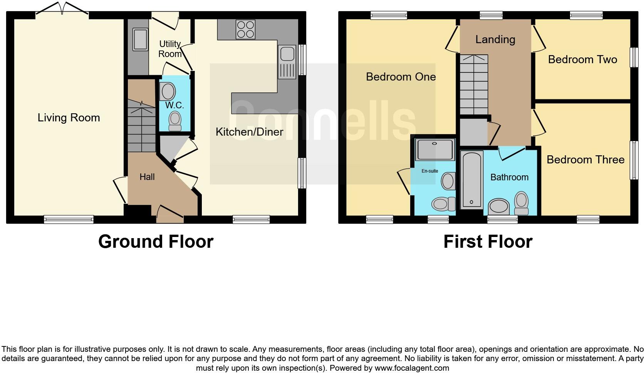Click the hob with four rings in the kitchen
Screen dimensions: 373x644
tap(245, 29)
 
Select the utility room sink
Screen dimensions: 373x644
tap(140, 39)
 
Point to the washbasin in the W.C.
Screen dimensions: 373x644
tap(168, 92)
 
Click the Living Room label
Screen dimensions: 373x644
tap(69, 118)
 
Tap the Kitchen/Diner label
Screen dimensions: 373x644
tap(249, 132)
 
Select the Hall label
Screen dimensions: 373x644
tap(147, 177)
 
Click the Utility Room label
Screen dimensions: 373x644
tap(170, 49)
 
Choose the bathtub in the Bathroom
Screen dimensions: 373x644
tap(471, 180)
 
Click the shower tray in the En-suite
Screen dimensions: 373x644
tap(435, 150)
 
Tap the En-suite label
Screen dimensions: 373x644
tap(430, 171)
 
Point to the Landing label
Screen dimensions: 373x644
tap(495, 39)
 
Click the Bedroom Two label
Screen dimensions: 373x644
tap(582, 59)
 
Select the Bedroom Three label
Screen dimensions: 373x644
tap(585, 160)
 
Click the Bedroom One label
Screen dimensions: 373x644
tap(401, 77)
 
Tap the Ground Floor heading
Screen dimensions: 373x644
tap(156, 242)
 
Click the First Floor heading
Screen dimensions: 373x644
tap(488, 242)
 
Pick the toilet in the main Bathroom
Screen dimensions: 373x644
tap(521, 204)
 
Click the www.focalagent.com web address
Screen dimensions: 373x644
tap(412, 368)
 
